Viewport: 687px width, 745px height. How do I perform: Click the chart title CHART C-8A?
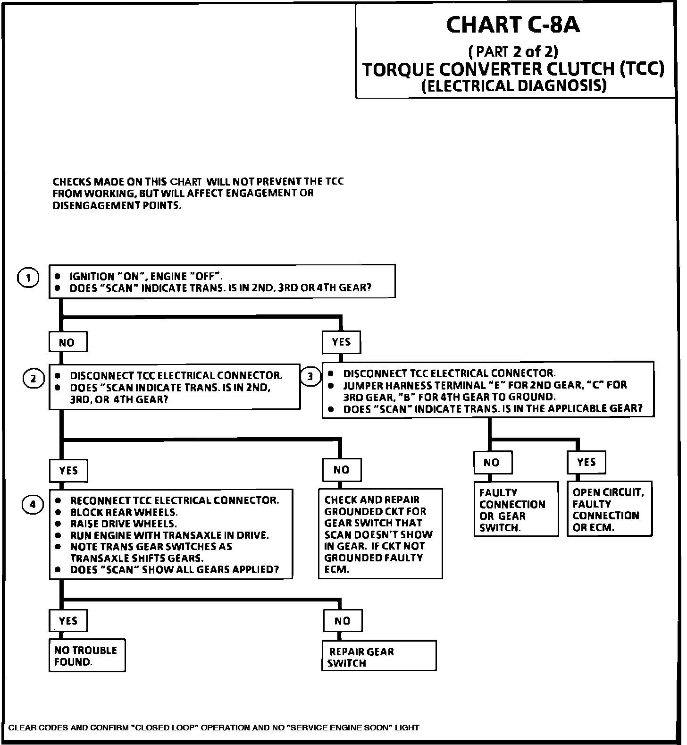(x=513, y=25)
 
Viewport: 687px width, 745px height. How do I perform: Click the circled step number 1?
(x=28, y=278)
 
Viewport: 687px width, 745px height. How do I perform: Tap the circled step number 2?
(x=33, y=379)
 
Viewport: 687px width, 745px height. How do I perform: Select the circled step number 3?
(x=310, y=376)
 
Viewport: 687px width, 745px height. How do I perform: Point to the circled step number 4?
(x=33, y=505)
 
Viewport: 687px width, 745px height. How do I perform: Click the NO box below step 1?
(x=68, y=342)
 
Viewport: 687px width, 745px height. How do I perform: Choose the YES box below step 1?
(x=341, y=342)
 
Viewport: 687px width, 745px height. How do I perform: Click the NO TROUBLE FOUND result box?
(x=87, y=655)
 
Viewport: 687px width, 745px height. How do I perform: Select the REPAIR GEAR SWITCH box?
(x=379, y=656)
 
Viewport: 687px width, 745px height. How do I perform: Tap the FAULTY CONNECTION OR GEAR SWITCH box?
(x=516, y=509)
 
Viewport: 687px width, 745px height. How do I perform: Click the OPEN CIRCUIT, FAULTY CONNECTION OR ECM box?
(x=609, y=509)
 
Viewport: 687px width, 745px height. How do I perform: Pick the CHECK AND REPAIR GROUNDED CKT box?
(x=380, y=534)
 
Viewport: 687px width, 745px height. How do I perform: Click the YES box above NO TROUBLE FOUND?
(x=68, y=620)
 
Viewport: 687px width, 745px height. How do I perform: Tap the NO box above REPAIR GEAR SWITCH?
(x=343, y=621)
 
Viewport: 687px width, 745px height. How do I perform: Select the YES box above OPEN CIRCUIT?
(x=586, y=462)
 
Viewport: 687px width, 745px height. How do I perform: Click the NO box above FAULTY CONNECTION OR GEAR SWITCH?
(x=492, y=463)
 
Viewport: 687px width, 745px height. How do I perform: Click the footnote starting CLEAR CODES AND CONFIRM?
(x=214, y=728)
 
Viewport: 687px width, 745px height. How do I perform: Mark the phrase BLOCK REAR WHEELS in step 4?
(x=124, y=512)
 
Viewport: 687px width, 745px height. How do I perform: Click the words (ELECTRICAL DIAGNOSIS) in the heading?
(x=513, y=86)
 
